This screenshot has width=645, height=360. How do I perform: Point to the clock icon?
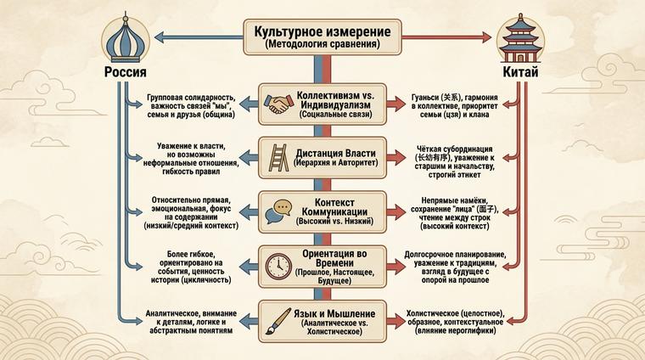(x=277, y=264)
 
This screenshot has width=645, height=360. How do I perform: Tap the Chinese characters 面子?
(x=488, y=210)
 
